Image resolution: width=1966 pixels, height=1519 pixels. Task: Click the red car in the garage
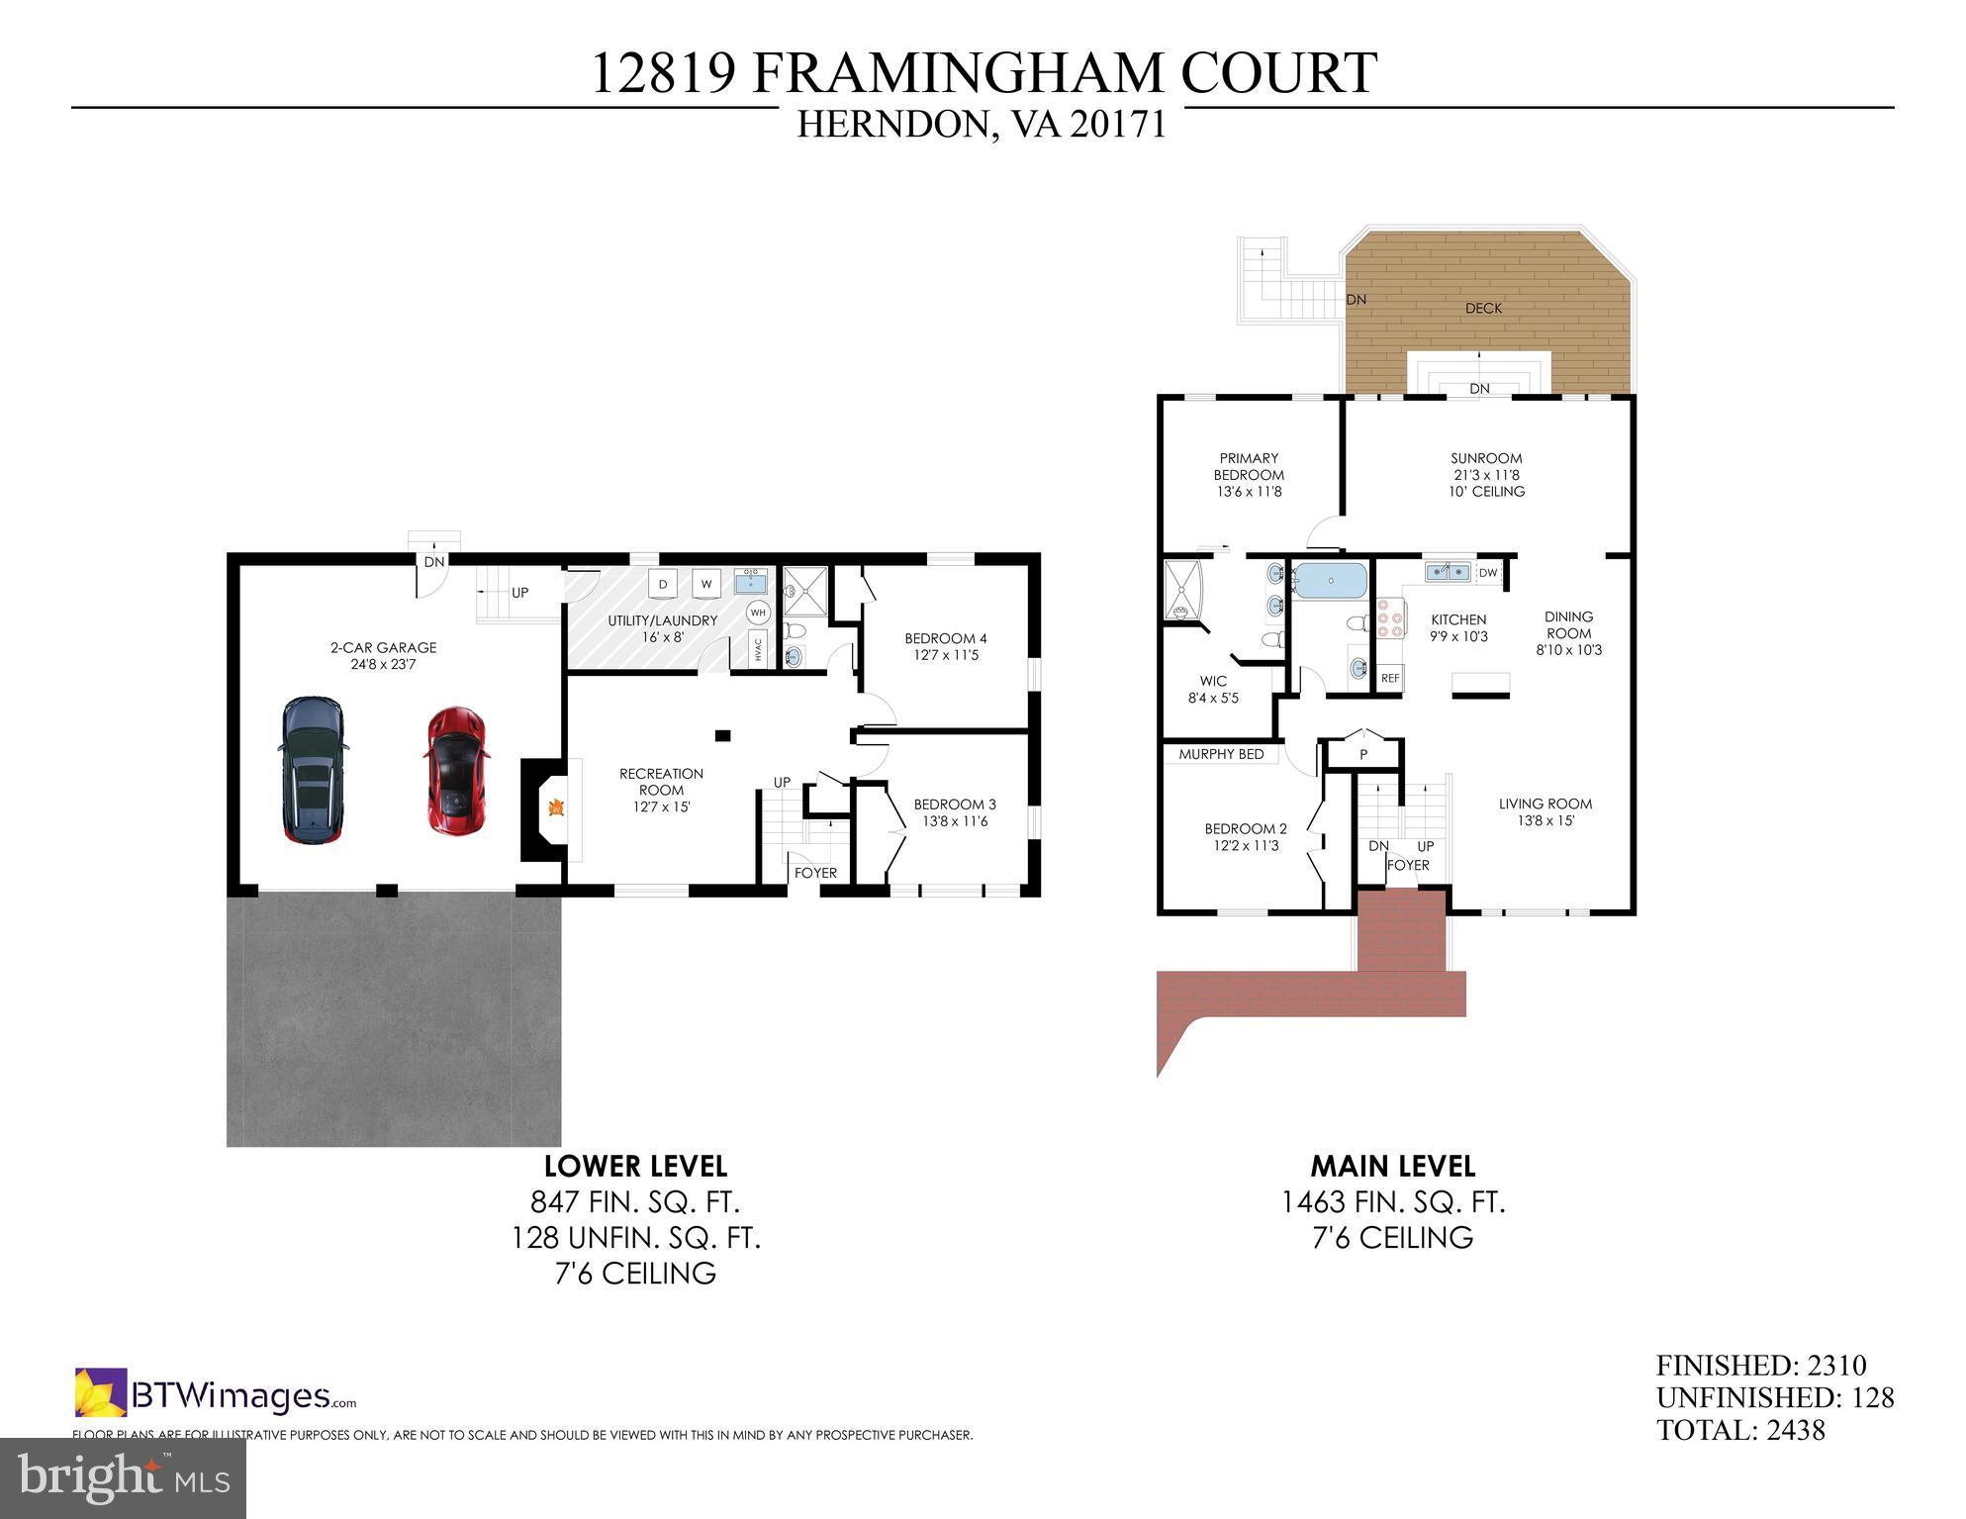coord(456,771)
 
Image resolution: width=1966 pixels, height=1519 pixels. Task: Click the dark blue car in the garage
coord(313,769)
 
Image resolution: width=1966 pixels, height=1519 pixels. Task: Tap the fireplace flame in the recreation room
coord(557,807)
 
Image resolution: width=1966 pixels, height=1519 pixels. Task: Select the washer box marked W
coord(706,584)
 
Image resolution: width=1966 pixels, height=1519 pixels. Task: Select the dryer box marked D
coord(663,584)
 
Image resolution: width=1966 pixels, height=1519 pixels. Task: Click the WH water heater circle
coord(758,613)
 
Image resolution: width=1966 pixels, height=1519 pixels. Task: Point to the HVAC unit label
coord(759,649)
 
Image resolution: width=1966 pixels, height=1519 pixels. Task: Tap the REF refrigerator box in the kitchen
coord(1390,678)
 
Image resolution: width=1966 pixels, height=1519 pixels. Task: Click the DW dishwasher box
coord(1488,572)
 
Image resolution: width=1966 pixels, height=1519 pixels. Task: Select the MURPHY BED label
coord(1221,754)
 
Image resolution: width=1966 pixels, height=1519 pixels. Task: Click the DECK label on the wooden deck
coord(1483,308)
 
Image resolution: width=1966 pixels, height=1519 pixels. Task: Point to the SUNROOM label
coord(1486,458)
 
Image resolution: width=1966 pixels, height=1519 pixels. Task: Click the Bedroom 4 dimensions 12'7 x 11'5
coord(946,655)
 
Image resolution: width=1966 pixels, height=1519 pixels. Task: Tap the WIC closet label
coord(1213,681)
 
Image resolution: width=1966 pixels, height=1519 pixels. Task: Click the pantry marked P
coord(1363,754)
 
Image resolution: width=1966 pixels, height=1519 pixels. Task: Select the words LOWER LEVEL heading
coord(635,1166)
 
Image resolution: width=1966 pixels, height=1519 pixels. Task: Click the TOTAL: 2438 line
coord(1740,1430)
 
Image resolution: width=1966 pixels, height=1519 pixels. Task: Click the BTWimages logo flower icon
coord(101,1392)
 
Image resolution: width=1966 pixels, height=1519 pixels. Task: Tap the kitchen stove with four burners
coord(1389,618)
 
